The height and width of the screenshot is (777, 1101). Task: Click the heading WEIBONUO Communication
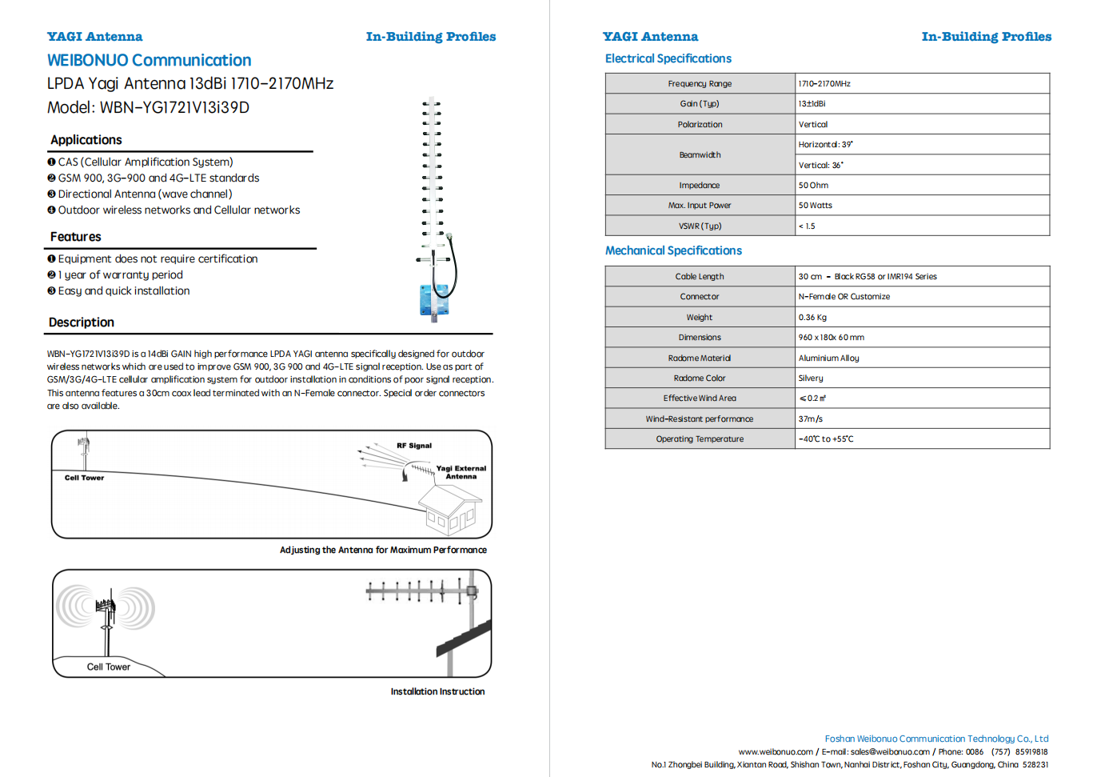(x=149, y=61)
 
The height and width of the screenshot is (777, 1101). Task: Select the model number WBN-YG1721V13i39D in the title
(x=174, y=107)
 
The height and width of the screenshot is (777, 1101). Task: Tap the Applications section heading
(x=86, y=140)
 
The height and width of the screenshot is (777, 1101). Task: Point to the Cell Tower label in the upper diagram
(x=84, y=478)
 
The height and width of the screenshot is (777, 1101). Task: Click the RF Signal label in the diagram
(x=414, y=446)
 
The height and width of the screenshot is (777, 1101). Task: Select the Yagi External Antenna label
(x=461, y=472)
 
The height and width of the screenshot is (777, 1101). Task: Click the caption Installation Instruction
(x=437, y=691)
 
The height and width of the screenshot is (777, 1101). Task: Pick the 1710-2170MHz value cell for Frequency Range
(x=824, y=83)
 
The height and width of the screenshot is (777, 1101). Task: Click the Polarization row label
(x=700, y=125)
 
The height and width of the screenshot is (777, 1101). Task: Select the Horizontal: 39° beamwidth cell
(x=825, y=145)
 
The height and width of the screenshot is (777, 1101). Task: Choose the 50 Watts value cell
(x=815, y=206)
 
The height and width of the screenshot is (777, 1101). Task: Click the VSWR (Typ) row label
(x=700, y=226)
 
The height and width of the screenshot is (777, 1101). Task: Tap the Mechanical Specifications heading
(x=673, y=250)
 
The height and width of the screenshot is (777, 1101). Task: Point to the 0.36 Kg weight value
(x=812, y=318)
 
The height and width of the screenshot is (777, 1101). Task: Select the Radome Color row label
(x=700, y=378)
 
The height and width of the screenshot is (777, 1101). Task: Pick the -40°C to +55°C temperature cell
(x=826, y=439)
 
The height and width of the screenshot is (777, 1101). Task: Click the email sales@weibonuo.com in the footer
(x=889, y=752)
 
